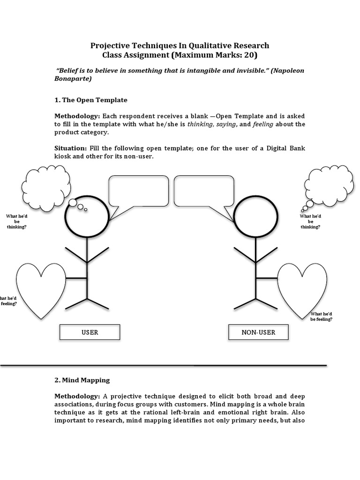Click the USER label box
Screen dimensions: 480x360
[90, 332]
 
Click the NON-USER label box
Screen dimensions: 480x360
[258, 332]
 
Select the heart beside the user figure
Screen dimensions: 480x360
[41, 288]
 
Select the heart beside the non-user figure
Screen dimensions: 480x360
[302, 288]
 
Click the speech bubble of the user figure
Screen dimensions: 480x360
[138, 191]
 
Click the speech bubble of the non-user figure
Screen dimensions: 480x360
[204, 191]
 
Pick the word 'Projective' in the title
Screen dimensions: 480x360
[110, 45]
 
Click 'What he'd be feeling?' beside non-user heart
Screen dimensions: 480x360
[321, 316]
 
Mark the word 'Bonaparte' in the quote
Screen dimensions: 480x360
[71, 79]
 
